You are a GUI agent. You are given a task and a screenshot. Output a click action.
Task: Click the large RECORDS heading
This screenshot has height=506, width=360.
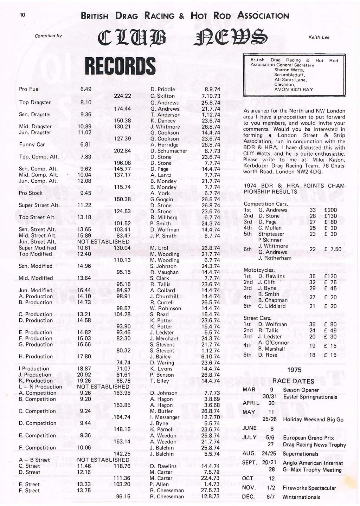coord(120,66)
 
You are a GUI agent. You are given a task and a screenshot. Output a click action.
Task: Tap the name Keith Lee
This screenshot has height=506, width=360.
coord(319,37)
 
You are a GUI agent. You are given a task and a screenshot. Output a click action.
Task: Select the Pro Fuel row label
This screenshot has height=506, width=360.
coord(29,89)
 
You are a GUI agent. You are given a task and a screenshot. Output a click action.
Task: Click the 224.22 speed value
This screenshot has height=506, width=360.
coord(122,96)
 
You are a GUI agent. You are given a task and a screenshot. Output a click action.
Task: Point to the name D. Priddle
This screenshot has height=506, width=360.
coord(162,89)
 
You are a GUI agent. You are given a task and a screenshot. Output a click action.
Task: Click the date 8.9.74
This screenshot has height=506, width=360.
coord(212,89)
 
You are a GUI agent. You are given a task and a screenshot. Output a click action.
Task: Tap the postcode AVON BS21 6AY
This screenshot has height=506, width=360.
coord(294,90)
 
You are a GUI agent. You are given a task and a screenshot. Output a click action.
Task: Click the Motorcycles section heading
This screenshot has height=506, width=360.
coord(259,270)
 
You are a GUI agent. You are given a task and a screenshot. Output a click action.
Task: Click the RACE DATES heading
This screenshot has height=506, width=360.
coord(293,381)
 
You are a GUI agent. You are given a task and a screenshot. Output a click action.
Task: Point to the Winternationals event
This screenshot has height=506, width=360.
coord(301,497)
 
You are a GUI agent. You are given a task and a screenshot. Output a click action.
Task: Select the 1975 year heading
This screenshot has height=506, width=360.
coord(294,370)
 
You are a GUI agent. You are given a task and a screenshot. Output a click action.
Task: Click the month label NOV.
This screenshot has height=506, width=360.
coord(249,488)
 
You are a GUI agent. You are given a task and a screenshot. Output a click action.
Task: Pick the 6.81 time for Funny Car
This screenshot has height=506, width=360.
coord(86,144)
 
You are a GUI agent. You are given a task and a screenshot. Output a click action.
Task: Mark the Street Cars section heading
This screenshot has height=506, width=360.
coord(257,318)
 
